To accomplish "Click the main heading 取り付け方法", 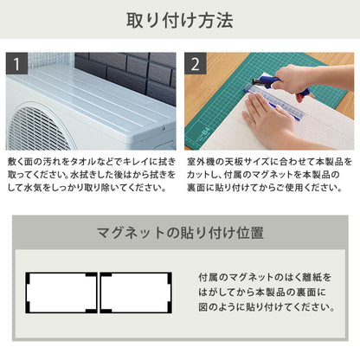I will click(180, 21).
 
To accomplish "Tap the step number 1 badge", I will click(17, 63).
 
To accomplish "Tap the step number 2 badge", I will click(196, 63).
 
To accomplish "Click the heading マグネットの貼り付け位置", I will click(179, 233).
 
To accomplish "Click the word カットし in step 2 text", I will click(201, 177).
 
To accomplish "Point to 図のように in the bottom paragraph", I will click(220, 306).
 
